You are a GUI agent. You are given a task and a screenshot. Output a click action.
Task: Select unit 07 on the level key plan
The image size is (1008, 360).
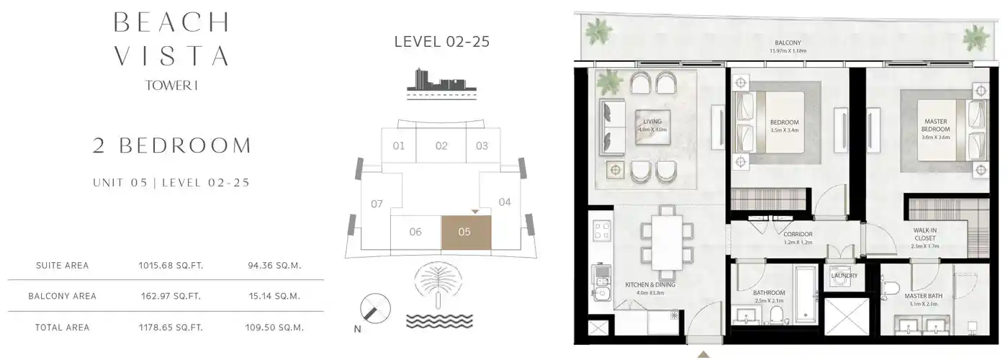tap(377, 204)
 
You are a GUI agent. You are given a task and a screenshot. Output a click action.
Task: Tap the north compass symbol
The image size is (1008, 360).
tap(374, 310)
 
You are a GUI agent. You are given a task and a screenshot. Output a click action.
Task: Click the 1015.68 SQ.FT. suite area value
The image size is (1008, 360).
tap(171, 266)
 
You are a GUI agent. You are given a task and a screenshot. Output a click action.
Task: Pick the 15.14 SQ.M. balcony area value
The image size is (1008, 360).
tap(274, 296)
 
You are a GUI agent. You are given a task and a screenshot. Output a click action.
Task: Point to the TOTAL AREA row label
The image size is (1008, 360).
tap(62, 328)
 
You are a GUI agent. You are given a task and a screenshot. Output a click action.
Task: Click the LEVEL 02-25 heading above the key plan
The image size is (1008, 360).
tap(441, 42)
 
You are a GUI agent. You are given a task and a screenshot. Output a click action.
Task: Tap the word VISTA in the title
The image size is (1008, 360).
tap(171, 55)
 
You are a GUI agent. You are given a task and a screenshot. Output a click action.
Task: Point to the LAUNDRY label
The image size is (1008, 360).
tap(843, 276)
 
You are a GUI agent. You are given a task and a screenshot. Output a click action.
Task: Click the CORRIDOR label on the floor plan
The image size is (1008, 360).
tap(798, 235)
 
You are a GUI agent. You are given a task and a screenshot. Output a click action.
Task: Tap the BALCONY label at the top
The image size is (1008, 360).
tap(786, 42)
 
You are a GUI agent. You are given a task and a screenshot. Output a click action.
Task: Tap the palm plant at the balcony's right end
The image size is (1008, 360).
tap(976, 36)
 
